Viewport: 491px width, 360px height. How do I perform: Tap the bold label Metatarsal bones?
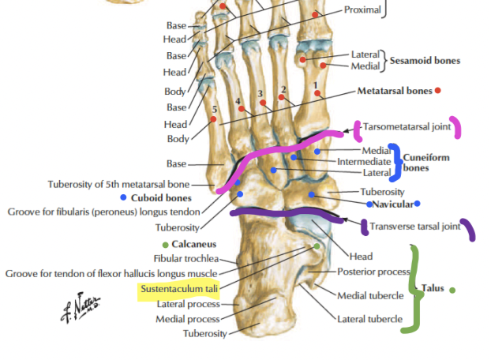point(394,91)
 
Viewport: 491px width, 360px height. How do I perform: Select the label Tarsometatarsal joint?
point(407,126)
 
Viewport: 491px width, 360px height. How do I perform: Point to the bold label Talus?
point(433,289)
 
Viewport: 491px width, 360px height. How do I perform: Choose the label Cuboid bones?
point(162,197)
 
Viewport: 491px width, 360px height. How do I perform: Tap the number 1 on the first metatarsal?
point(316,83)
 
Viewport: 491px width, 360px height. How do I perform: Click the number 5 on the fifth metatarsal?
point(214,109)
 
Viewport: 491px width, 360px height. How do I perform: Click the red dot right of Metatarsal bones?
point(438,91)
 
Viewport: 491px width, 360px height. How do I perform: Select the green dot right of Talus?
point(453,290)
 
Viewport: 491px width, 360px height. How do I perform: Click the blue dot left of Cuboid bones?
point(124,197)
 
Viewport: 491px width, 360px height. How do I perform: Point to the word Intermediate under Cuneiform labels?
point(364,161)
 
